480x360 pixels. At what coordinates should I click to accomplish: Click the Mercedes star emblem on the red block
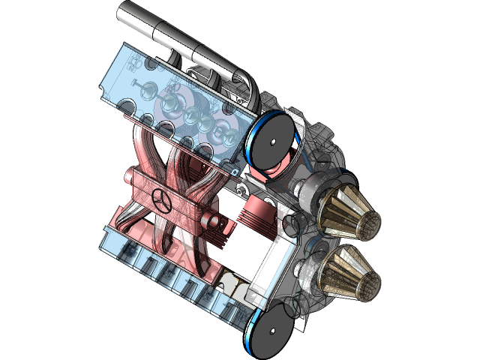(159, 200)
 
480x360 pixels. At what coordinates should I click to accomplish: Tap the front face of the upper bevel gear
(370, 222)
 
